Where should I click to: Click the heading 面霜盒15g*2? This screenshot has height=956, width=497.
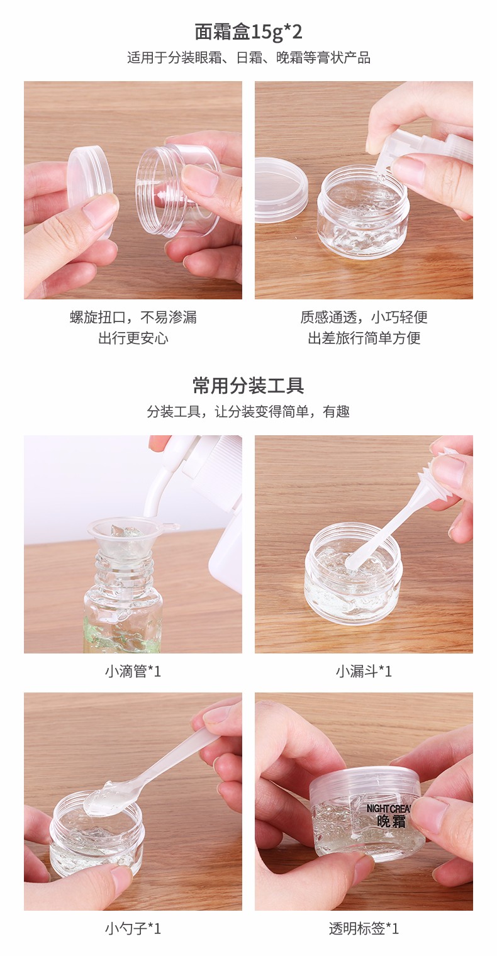click(x=248, y=32)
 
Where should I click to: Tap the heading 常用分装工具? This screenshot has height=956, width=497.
click(x=248, y=386)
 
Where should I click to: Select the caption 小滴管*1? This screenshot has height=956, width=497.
click(x=133, y=671)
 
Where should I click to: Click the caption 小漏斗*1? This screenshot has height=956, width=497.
click(x=364, y=671)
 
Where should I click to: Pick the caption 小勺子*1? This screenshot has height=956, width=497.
click(x=133, y=928)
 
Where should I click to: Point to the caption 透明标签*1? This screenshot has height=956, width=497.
click(x=364, y=928)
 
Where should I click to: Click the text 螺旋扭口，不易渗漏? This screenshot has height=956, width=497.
click(x=133, y=317)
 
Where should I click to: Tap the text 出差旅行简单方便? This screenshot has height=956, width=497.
click(x=364, y=338)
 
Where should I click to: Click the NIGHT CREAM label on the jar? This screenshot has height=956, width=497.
click(x=389, y=816)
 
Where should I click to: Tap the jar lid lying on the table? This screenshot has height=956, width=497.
click(x=280, y=189)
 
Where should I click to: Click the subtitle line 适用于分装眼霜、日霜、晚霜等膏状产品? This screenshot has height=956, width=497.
click(x=248, y=58)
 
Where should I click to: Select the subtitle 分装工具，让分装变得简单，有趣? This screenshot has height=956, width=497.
click(x=248, y=411)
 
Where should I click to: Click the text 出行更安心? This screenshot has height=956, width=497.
click(x=133, y=338)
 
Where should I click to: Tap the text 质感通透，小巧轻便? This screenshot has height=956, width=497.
click(x=364, y=317)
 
